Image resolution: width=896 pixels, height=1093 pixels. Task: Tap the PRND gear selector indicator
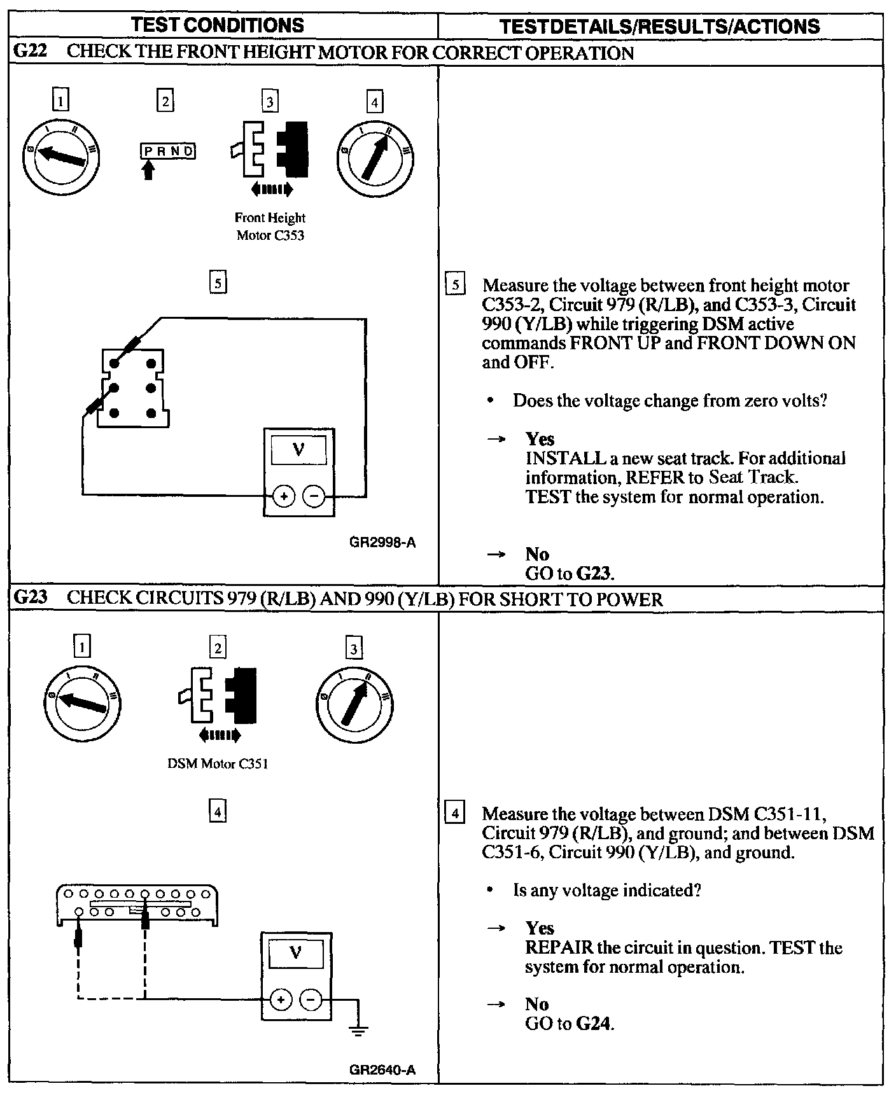[167, 151]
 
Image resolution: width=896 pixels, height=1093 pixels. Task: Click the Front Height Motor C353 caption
[270, 226]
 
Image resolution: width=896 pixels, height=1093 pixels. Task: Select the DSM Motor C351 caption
[218, 763]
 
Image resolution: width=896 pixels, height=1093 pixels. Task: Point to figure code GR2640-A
[382, 1069]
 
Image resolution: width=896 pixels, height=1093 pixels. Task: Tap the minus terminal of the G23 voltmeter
[311, 1001]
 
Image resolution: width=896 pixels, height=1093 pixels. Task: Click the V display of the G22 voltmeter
[298, 451]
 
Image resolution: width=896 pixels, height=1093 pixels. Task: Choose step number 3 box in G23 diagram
[354, 648]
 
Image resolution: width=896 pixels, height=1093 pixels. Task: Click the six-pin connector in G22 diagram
[133, 387]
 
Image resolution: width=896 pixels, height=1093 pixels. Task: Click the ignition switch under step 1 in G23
[82, 702]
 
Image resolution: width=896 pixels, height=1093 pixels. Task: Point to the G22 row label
[30, 52]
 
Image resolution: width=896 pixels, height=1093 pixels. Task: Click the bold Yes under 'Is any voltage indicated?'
[539, 928]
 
